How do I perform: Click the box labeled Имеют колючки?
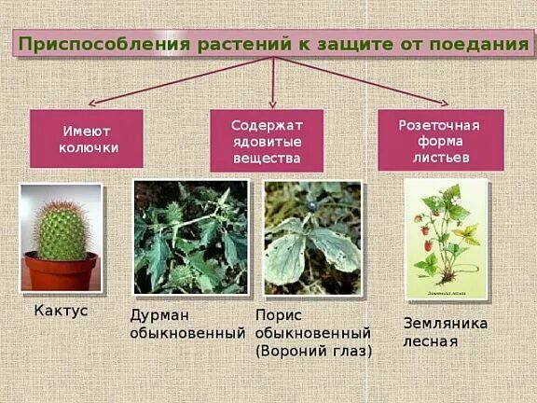[x=87, y=139]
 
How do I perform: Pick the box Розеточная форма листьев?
[x=440, y=140]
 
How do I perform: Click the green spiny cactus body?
[x=60, y=228]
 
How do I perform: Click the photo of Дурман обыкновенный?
[x=191, y=237]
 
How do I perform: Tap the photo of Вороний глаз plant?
[x=312, y=238]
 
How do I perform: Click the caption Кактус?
[x=61, y=311]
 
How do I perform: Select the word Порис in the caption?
[x=278, y=315]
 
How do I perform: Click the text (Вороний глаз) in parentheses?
[x=313, y=351]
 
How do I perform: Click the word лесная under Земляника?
[x=430, y=340]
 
